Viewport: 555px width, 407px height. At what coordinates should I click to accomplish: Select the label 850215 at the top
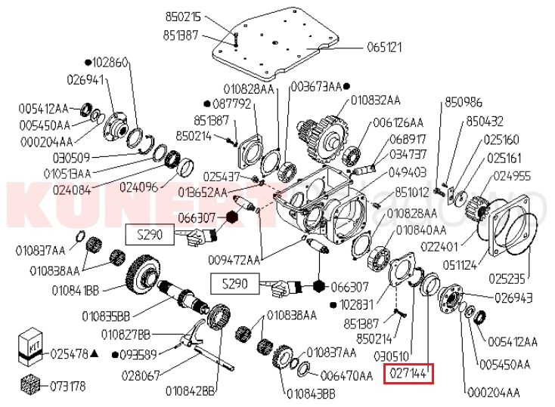(183, 16)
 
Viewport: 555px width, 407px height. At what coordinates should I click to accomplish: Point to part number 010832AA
(375, 99)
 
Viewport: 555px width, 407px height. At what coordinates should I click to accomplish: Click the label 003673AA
(315, 85)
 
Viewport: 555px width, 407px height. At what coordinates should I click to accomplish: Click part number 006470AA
(346, 374)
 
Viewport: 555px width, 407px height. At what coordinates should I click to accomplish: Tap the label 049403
(408, 171)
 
